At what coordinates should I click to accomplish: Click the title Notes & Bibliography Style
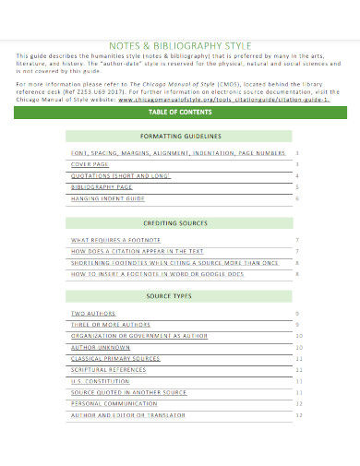click(181, 43)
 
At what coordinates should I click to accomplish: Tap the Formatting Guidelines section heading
click(182, 135)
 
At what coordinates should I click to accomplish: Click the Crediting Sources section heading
click(182, 223)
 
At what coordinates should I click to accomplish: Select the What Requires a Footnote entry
click(112, 240)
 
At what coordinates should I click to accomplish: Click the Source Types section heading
click(182, 296)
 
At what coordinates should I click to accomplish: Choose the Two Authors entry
click(91, 314)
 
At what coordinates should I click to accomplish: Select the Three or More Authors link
click(110, 325)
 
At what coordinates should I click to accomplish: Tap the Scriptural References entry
click(109, 369)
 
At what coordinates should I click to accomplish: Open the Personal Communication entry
click(114, 403)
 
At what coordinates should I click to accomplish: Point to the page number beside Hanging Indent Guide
click(297, 198)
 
